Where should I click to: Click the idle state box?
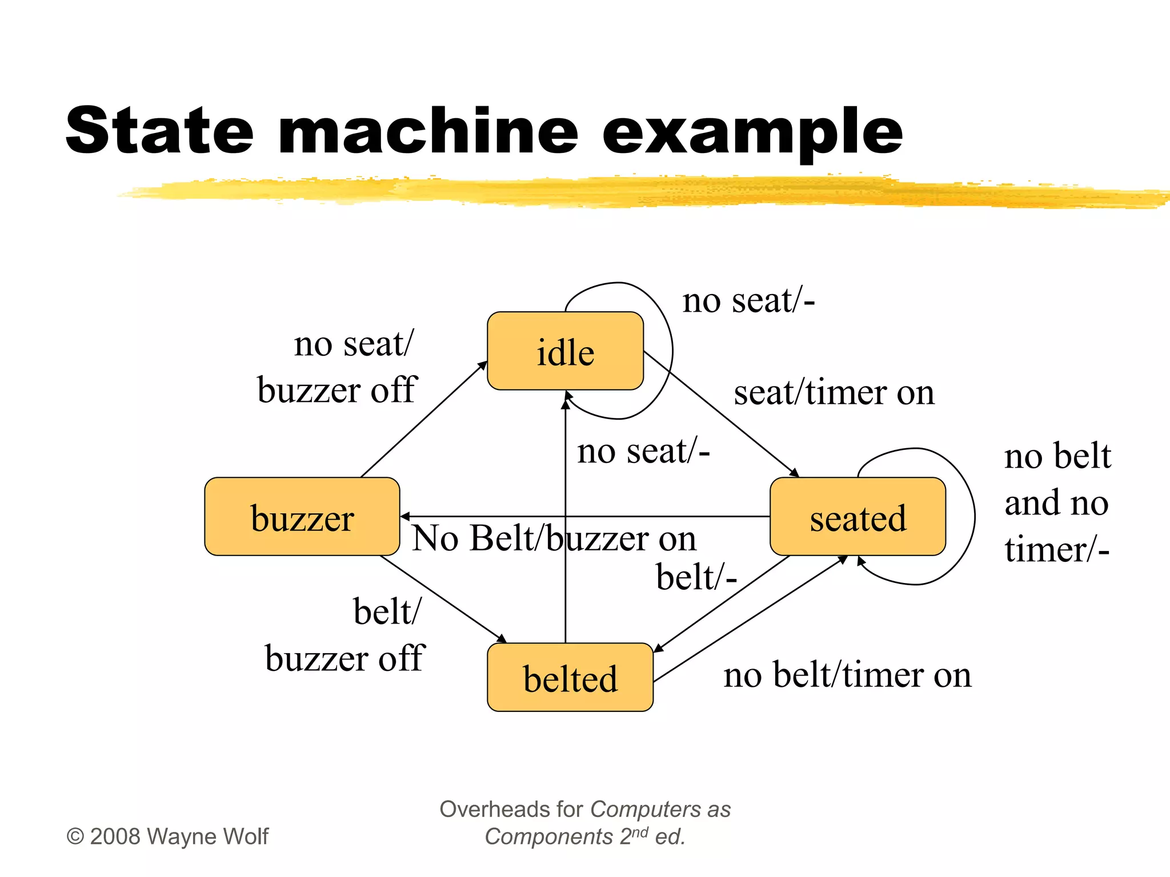(565, 351)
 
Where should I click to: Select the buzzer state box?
(302, 517)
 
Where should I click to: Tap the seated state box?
(858, 517)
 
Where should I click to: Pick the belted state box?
(570, 677)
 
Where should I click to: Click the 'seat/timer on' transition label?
(834, 393)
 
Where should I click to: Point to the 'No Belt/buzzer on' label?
(554, 538)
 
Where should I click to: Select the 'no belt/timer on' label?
(847, 675)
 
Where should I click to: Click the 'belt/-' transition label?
(696, 577)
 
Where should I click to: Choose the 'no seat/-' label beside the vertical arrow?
(643, 451)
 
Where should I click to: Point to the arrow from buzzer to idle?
(423, 420)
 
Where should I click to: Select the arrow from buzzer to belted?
(443, 599)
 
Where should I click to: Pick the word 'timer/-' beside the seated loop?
(1057, 549)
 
